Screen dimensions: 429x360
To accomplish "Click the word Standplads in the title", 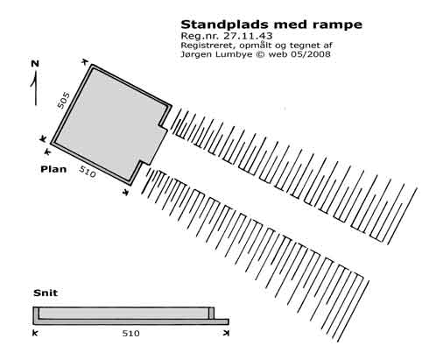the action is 226,25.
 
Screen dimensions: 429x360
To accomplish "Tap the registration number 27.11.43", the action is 248,36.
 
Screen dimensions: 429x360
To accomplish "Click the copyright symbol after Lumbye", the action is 259,54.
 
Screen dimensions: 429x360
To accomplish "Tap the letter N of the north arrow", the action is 35,63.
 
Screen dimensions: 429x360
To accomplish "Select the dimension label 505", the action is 63,101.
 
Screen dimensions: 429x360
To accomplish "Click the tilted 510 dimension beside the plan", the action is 88,172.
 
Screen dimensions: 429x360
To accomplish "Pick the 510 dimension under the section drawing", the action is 130,333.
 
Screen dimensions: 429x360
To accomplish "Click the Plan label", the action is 53,169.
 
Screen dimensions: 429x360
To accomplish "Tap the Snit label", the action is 46,293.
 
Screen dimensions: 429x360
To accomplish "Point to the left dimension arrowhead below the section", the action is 35,333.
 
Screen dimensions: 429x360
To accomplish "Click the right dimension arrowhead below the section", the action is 226,333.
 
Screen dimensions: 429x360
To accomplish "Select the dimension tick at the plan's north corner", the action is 84,61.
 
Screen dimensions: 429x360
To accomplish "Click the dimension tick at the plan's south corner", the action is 126,192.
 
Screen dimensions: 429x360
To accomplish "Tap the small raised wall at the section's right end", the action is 211,313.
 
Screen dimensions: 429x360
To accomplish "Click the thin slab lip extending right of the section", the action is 222,321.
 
